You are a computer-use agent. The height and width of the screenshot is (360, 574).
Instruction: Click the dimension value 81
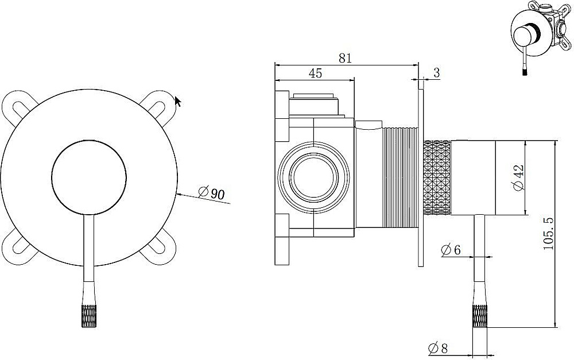[x=345, y=58]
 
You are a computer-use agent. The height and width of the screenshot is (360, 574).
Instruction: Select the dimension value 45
[x=315, y=73]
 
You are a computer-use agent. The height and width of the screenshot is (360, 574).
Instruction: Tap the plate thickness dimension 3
[x=436, y=73]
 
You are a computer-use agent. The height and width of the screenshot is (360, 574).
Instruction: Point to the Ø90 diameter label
[x=212, y=193]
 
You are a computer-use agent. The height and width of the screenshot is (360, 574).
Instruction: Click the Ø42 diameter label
[x=519, y=177]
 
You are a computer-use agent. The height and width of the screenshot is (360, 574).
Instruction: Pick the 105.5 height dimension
[x=549, y=233]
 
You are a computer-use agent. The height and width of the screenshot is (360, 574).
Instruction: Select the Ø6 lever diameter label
[x=451, y=250]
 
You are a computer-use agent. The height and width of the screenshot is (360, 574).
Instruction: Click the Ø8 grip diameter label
[x=438, y=348]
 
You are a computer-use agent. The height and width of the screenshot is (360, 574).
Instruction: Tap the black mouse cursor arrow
[x=177, y=101]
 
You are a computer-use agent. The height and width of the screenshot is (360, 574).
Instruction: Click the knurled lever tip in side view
[x=480, y=316]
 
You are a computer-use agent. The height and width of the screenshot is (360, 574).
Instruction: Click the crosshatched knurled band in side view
[x=437, y=177]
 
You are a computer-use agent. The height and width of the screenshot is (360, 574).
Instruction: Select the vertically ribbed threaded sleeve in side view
[x=400, y=177]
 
